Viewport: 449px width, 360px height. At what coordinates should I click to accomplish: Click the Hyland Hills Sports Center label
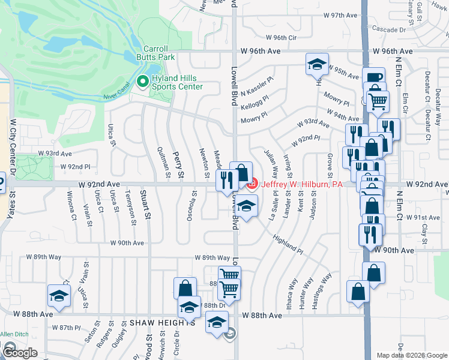click(x=177, y=82)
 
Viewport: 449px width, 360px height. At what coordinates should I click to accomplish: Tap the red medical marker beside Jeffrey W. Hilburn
click(x=252, y=182)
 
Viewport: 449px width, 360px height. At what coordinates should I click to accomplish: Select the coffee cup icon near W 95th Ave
click(x=373, y=77)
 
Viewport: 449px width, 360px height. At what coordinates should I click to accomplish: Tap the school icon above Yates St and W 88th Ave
click(x=59, y=295)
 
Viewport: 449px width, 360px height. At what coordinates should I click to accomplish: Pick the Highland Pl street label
click(x=288, y=242)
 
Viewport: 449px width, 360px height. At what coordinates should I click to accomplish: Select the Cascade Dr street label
click(x=389, y=29)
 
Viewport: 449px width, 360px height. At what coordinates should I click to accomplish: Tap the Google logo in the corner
click(x=19, y=352)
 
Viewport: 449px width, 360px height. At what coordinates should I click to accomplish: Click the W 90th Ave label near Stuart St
click(x=127, y=243)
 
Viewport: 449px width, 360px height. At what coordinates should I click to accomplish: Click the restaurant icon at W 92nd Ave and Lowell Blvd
click(x=226, y=178)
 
